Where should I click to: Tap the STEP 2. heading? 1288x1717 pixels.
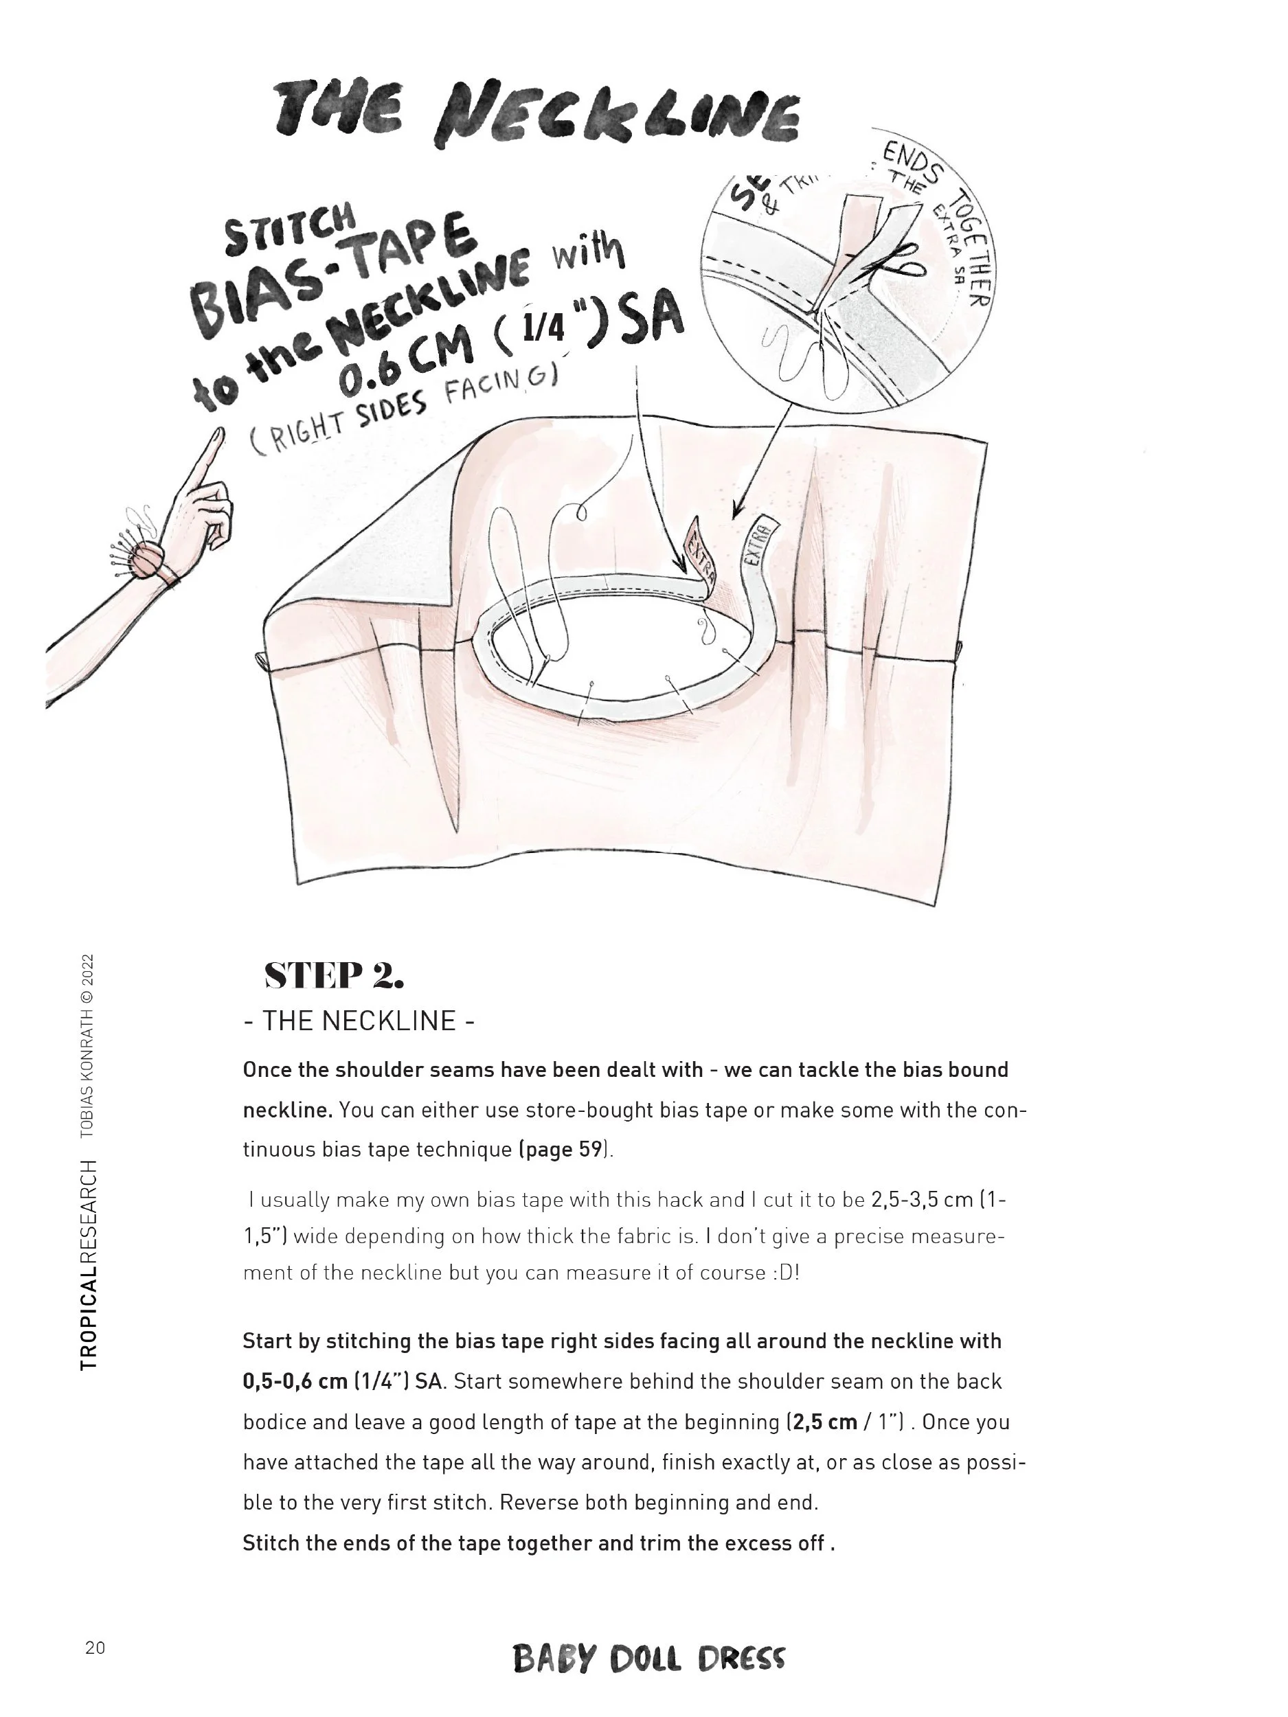coord(334,975)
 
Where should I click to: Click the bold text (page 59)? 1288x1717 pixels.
coord(565,1149)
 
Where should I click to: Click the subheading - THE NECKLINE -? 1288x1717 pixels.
coord(359,1021)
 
